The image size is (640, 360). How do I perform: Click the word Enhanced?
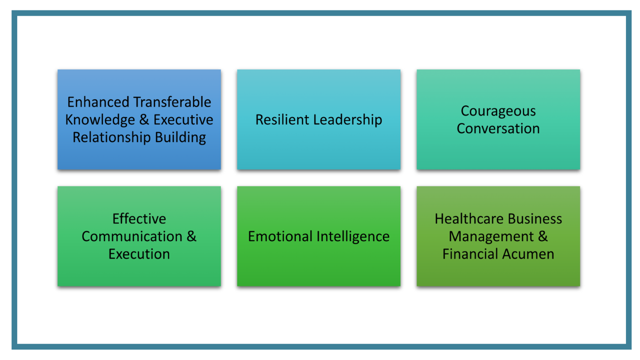98,102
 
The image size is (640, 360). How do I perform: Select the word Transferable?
172,102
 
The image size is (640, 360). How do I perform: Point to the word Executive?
183,119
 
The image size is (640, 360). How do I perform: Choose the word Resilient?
282,119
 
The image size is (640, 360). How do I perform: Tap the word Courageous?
498,111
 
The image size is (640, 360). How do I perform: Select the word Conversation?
498,128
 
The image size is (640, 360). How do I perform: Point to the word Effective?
139,219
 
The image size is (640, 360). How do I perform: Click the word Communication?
132,236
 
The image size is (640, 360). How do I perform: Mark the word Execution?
139,254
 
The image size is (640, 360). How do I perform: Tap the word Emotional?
280,236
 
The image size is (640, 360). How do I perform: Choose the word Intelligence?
353,237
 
